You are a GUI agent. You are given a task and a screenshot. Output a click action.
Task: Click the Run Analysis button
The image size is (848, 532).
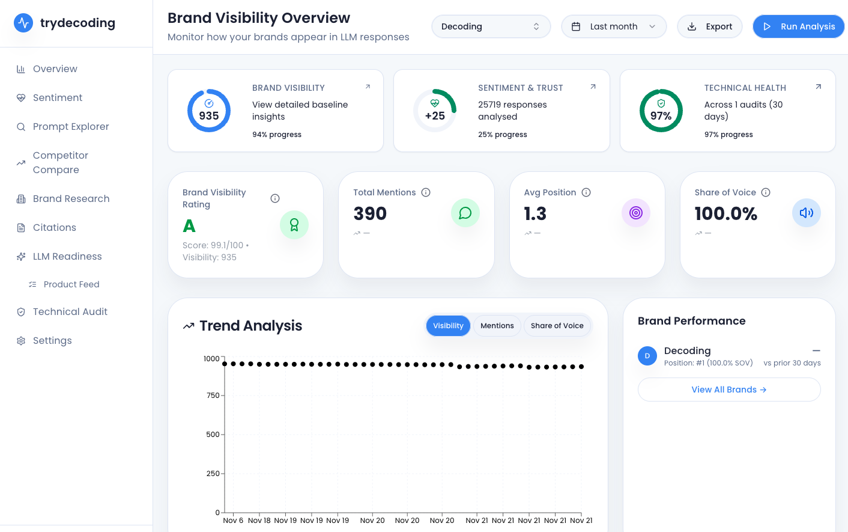(x=798, y=26)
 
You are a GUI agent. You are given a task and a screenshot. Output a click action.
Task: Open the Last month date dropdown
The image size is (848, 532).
(x=613, y=26)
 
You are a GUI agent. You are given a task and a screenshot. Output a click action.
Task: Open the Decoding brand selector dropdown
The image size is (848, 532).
(x=491, y=26)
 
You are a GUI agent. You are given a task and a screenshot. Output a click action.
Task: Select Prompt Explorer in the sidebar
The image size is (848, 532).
(x=71, y=127)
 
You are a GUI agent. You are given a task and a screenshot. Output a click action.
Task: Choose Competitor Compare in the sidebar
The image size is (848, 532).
(x=60, y=163)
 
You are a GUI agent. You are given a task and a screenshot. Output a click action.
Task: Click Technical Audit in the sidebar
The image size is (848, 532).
(x=70, y=312)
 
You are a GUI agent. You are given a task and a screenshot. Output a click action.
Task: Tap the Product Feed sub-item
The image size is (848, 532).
(x=71, y=284)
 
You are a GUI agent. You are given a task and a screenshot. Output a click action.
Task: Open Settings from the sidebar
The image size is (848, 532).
(x=52, y=341)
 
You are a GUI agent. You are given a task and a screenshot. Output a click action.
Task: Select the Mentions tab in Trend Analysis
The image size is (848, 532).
(x=497, y=326)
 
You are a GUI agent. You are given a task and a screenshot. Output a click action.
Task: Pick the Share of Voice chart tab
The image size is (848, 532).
(x=557, y=326)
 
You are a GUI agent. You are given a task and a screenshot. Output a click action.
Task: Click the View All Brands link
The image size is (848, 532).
(x=728, y=390)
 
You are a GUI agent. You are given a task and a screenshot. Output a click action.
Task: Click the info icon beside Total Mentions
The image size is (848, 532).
(x=426, y=192)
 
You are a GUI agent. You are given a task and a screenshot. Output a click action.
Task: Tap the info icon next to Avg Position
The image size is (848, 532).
(x=586, y=192)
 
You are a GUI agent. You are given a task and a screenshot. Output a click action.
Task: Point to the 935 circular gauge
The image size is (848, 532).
(x=209, y=111)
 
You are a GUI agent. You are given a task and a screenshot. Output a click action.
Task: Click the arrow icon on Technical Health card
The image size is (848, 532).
(x=818, y=87)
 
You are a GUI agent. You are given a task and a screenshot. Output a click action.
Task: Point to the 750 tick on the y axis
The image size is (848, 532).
(x=213, y=396)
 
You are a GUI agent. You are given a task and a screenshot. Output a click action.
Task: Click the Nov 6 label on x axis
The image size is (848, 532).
(x=233, y=521)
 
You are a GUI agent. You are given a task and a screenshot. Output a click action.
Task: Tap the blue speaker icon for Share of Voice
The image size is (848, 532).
(x=806, y=213)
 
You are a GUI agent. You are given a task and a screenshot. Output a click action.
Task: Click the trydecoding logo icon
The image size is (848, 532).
(x=23, y=23)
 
